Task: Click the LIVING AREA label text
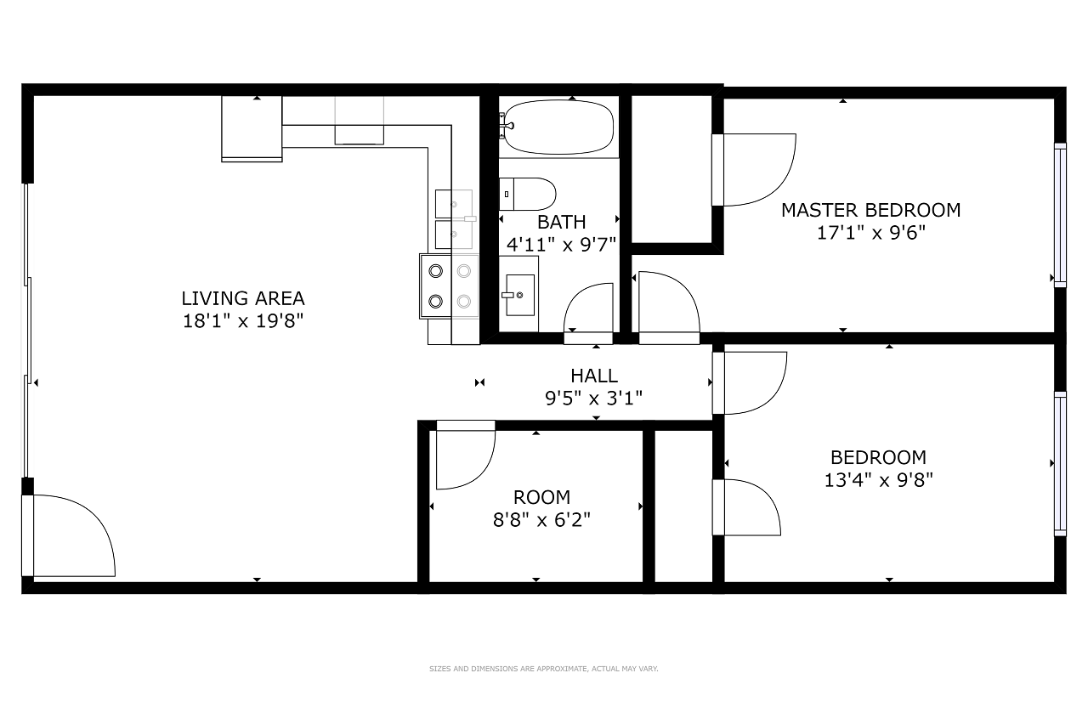tap(243, 298)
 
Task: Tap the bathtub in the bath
tap(558, 127)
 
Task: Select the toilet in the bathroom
tap(528, 195)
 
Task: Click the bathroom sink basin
tap(520, 295)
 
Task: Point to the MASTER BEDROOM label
tap(871, 210)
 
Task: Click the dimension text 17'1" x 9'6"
tap(871, 233)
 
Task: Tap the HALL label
tap(594, 376)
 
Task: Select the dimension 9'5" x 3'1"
tap(593, 399)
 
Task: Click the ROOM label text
tap(541, 497)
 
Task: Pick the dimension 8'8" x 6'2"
tap(541, 520)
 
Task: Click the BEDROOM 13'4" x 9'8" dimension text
tap(879, 480)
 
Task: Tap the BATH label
tap(562, 222)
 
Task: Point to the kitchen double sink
tap(454, 219)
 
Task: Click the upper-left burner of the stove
tap(436, 271)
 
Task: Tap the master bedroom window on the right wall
tap(1060, 215)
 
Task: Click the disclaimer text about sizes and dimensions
tap(543, 669)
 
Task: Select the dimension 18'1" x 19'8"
tap(243, 321)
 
